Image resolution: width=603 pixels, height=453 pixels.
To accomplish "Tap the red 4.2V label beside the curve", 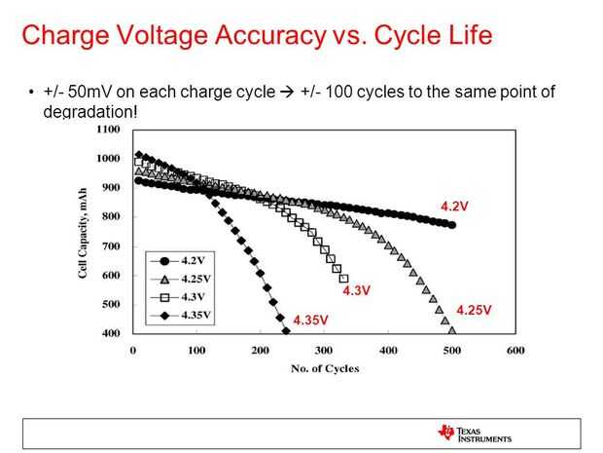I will tap(454, 207).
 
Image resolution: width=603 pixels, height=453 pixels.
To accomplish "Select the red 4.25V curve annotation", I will tap(474, 310).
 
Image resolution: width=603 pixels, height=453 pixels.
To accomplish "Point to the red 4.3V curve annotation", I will tap(357, 290).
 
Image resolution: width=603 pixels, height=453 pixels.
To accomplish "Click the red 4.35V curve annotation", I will tap(310, 320).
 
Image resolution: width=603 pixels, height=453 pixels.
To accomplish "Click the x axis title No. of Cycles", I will tap(325, 368).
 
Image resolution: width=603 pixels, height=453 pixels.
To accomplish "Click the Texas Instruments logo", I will tap(474, 433).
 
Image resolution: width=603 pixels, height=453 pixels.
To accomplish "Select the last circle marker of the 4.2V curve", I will tap(452, 225).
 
